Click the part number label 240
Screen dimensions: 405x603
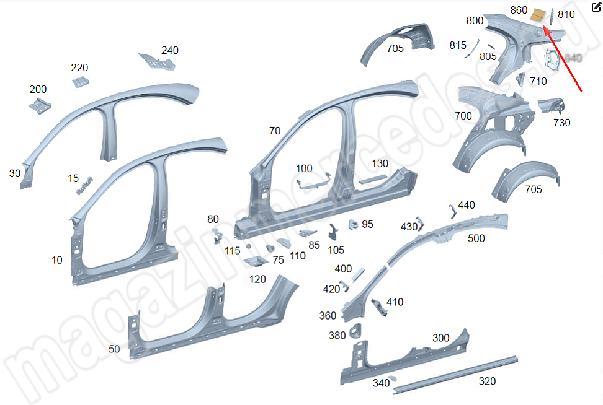[x=169, y=50]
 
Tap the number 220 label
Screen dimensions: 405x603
[x=79, y=67]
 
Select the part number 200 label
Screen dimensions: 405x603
[x=38, y=90]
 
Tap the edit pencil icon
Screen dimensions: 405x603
[x=596, y=7]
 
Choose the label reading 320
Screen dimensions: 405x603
[x=487, y=381]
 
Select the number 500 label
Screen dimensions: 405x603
[x=476, y=238]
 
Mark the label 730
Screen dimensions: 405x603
[x=561, y=123]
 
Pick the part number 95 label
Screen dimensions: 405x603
[x=367, y=224]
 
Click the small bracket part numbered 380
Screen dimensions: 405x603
[x=356, y=331]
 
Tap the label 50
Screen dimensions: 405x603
[x=114, y=349]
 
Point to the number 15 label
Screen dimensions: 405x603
[x=73, y=178]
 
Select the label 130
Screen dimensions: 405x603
[x=380, y=163]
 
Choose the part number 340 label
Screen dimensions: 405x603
[x=381, y=383]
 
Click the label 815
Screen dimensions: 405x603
[x=458, y=45]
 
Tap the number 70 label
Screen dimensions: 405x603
[x=275, y=131]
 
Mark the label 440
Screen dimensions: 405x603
[x=467, y=205]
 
